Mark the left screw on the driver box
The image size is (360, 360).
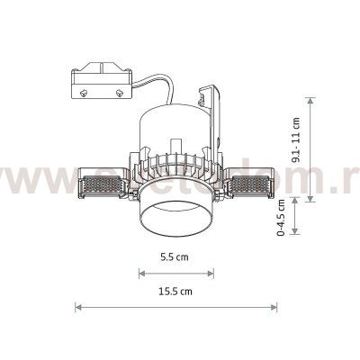tap(85, 92)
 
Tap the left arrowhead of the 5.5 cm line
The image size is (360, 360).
tap(141, 271)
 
